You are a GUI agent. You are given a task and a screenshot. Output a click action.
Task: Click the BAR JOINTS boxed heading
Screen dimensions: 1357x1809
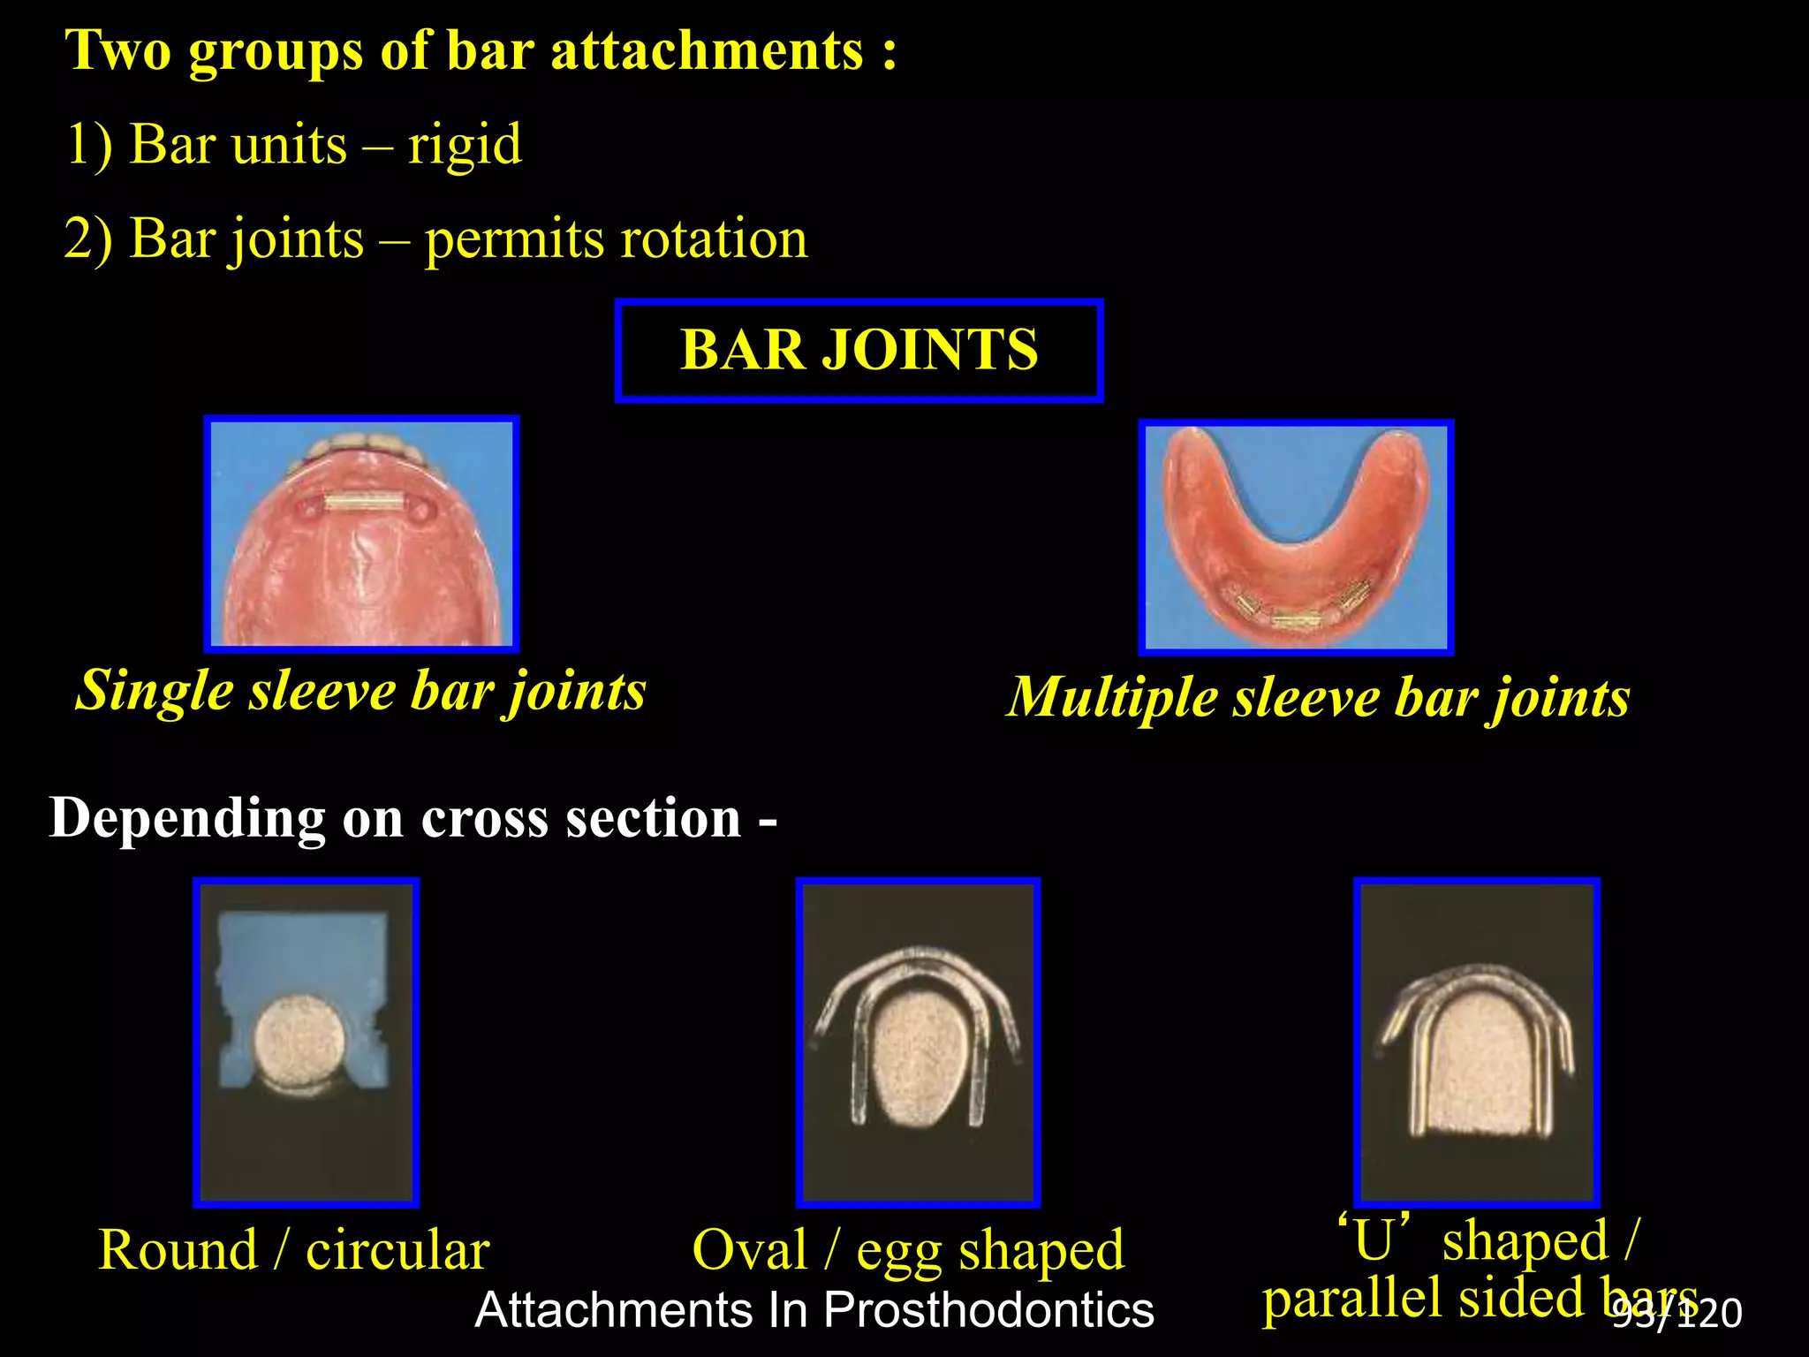point(859,350)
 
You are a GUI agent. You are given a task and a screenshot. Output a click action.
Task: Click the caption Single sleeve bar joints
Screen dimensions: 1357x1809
point(360,690)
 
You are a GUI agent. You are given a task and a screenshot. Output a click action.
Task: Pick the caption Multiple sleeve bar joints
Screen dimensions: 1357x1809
point(1318,698)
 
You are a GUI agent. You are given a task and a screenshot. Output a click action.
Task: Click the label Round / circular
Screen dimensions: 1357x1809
point(293,1250)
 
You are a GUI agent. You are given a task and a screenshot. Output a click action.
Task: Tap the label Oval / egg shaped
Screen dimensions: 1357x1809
point(908,1250)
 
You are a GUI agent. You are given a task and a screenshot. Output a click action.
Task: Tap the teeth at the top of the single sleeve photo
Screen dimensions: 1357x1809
point(364,446)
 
